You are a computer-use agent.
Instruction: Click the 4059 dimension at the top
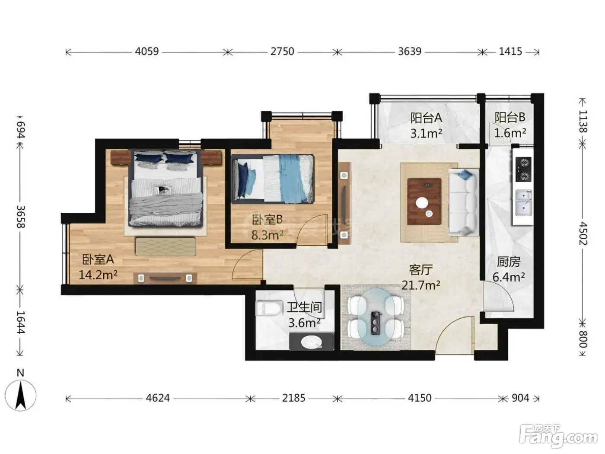(146, 51)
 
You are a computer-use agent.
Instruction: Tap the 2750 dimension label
(282, 51)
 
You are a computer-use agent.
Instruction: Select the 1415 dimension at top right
(510, 51)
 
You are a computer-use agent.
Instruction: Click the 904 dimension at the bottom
(520, 398)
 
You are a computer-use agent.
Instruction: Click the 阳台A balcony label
(426, 118)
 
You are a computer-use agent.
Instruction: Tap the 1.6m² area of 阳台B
(510, 133)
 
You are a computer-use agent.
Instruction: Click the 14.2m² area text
(98, 275)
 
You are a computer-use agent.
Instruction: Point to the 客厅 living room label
(420, 269)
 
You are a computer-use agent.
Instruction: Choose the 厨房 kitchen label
(509, 262)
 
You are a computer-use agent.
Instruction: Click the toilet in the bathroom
(269, 308)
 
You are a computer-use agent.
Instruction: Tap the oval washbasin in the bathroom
(312, 342)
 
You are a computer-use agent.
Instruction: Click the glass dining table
(376, 317)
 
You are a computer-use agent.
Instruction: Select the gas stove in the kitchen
(523, 169)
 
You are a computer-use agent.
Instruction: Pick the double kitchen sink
(523, 204)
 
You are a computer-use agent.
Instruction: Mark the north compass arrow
(20, 395)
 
